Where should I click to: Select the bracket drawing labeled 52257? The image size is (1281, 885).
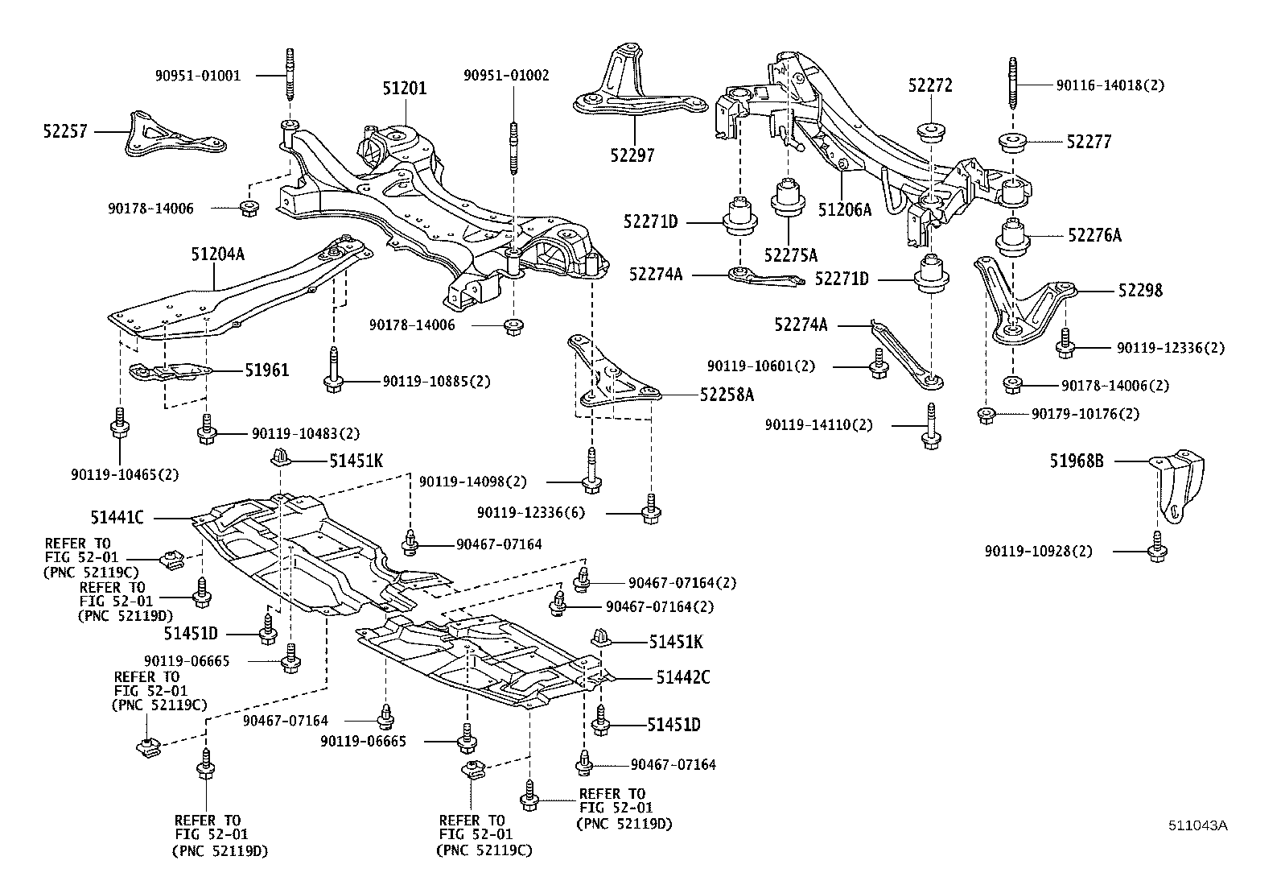click(173, 137)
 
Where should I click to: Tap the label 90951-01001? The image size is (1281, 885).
click(198, 76)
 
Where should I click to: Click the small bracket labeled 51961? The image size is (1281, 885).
click(171, 372)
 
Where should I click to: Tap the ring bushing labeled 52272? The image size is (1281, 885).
click(931, 130)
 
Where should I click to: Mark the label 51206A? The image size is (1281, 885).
click(845, 210)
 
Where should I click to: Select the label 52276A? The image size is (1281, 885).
click(1094, 235)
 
